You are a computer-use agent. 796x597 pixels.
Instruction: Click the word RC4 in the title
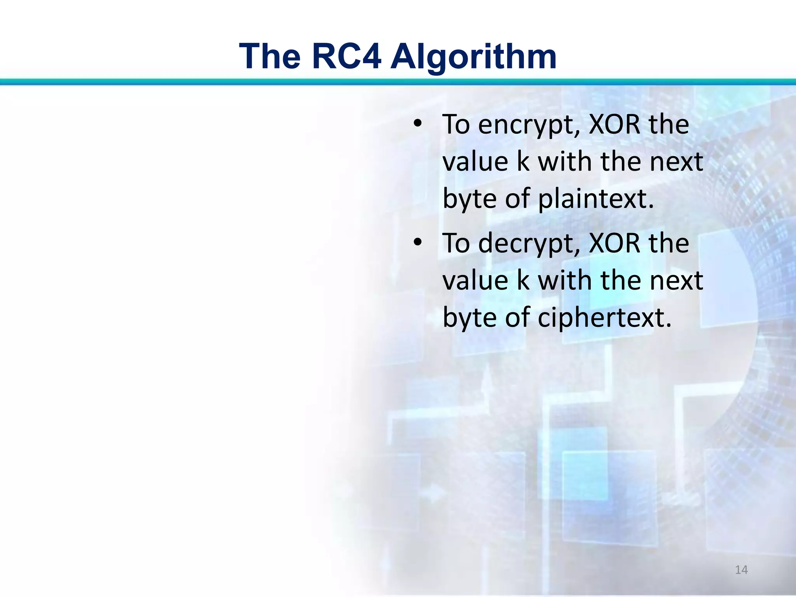click(x=346, y=57)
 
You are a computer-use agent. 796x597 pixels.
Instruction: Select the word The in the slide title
click(x=270, y=57)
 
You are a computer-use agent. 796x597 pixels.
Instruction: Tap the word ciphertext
click(x=605, y=318)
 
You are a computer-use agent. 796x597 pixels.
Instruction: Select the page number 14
click(x=741, y=570)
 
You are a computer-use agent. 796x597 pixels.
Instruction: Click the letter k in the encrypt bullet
click(x=523, y=161)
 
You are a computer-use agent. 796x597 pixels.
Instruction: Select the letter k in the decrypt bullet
click(x=523, y=280)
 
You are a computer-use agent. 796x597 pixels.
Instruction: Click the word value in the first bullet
click(x=475, y=162)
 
